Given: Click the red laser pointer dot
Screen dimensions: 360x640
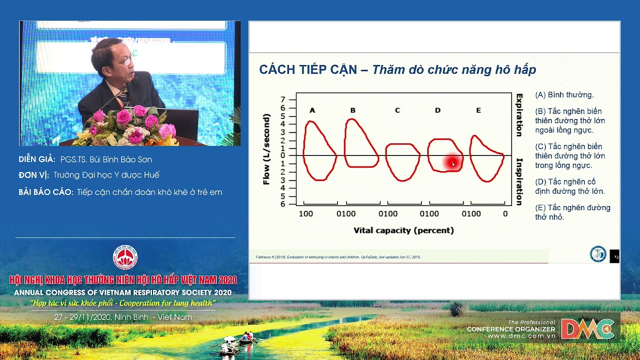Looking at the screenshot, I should (x=452, y=162).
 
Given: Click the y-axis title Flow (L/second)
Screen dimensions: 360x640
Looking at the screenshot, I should (x=266, y=149).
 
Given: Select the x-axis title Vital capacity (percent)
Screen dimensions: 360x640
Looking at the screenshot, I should (x=403, y=230).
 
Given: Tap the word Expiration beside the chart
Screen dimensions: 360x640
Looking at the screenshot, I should (x=519, y=115).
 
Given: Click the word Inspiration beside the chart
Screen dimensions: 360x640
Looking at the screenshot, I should (x=519, y=181).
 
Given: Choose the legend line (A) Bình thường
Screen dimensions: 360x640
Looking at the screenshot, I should (x=564, y=95).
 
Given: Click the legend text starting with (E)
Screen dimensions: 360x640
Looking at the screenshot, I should (x=572, y=212).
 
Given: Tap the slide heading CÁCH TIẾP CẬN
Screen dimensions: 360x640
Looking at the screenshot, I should (x=308, y=69).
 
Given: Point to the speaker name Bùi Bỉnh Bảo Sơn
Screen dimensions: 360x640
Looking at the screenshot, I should (x=106, y=159).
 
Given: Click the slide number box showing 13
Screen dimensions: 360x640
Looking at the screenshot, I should (x=614, y=256).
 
